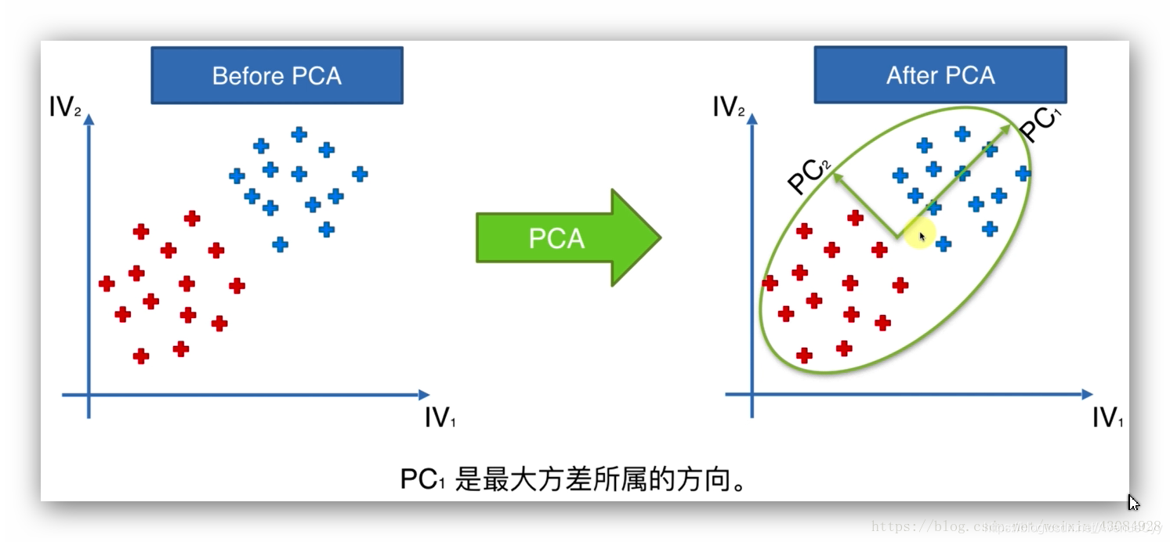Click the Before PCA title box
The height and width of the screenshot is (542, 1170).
(x=277, y=75)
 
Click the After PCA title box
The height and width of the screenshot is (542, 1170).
(x=940, y=75)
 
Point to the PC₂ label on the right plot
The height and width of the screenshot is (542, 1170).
(x=808, y=176)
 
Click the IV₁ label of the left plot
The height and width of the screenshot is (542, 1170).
(x=439, y=418)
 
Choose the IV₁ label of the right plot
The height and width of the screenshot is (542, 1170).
(x=1107, y=418)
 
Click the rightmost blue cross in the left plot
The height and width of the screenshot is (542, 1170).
(x=360, y=174)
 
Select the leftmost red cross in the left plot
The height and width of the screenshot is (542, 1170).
(x=107, y=284)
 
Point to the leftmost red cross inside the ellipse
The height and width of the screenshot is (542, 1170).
(x=770, y=283)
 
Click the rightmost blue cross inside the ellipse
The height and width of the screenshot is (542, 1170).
(x=1023, y=174)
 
